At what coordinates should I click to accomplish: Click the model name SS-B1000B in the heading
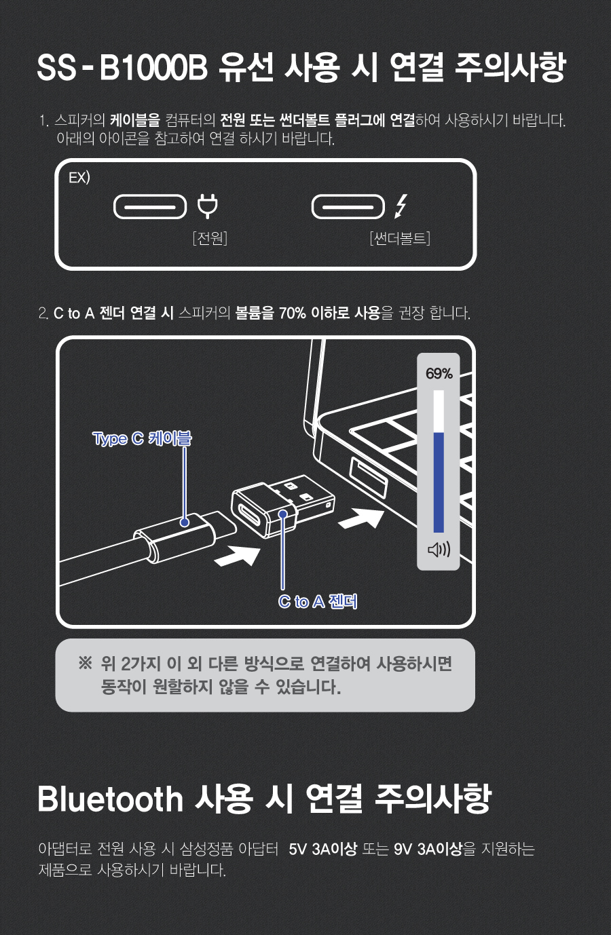click(122, 68)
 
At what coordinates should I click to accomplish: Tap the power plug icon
click(208, 206)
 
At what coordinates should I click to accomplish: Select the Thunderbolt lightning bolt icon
click(401, 206)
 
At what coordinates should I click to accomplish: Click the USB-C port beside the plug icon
click(150, 207)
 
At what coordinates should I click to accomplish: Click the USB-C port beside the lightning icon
click(348, 207)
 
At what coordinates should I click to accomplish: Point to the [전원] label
click(210, 238)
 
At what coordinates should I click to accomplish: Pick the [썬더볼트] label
click(400, 238)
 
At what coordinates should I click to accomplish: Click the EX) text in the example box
click(79, 178)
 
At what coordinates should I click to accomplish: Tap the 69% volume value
click(439, 374)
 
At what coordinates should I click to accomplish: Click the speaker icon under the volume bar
click(439, 550)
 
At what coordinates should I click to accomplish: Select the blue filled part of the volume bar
click(439, 482)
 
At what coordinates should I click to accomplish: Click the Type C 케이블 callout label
click(142, 439)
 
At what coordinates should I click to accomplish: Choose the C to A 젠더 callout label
click(318, 601)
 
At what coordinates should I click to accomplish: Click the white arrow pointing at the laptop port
click(360, 518)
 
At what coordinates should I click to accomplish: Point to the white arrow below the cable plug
click(237, 556)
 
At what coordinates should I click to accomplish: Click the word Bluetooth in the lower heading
click(110, 799)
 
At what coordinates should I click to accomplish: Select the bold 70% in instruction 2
click(293, 313)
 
